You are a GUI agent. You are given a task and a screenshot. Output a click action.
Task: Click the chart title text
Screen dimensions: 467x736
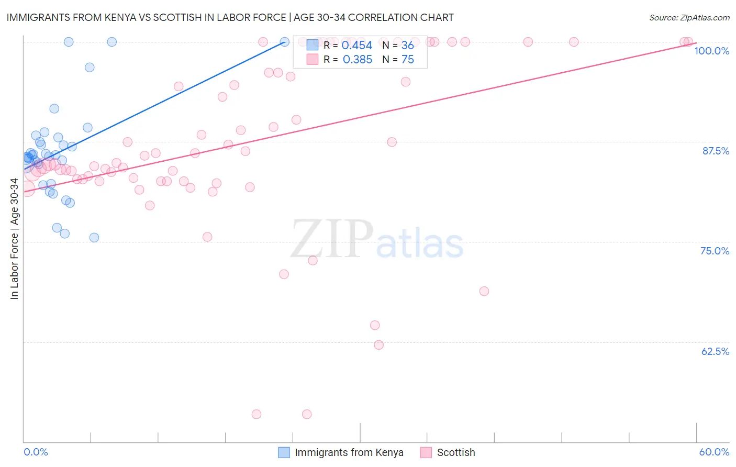230,17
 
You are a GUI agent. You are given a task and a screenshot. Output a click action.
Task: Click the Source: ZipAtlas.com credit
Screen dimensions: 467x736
689,17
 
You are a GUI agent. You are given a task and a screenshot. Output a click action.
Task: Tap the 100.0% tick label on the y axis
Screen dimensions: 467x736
711,51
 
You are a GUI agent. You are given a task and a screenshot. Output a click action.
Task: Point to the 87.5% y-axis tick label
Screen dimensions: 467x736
715,151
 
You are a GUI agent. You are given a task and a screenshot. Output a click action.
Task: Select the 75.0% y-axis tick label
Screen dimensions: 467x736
715,251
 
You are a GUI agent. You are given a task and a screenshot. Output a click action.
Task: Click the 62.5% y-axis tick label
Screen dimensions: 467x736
715,351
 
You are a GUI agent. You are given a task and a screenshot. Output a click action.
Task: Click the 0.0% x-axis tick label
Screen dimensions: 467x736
36,452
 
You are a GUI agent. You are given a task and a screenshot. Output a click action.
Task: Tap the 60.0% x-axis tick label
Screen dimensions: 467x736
714,452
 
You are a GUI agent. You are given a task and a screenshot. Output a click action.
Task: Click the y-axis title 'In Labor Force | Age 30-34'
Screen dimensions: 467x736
14,239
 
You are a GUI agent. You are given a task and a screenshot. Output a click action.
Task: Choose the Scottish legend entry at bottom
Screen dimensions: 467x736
455,452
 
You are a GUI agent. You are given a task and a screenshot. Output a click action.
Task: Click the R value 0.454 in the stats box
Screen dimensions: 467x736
356,46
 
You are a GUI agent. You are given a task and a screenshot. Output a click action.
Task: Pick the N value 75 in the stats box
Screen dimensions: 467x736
407,60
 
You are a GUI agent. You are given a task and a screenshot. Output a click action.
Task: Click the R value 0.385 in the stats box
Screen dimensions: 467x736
357,60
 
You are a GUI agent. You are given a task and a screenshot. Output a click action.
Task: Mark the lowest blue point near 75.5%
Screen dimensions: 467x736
94,238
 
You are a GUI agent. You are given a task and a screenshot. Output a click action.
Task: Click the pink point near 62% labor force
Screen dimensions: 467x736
379,345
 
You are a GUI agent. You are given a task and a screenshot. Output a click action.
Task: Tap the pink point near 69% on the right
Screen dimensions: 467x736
484,291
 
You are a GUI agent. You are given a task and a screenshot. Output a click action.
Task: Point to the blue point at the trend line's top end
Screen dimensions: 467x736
285,42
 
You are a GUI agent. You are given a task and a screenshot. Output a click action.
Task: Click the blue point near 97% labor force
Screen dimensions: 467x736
90,68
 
